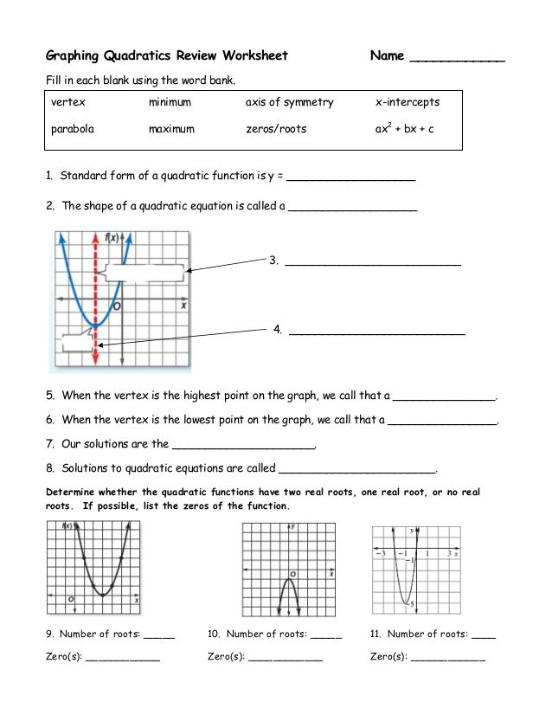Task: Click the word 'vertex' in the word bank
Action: coord(68,102)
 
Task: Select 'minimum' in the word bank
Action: coord(170,102)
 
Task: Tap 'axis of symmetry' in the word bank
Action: coord(289,102)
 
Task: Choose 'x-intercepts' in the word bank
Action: coord(408,102)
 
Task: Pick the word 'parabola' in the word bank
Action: coord(73,129)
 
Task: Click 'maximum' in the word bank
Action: coord(171,129)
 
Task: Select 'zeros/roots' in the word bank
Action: coord(276,129)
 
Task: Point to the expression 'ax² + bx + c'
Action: coord(404,129)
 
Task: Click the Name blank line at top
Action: coord(457,60)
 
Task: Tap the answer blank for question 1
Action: coord(350,179)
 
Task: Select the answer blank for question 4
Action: coord(377,332)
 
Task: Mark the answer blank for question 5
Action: coord(445,399)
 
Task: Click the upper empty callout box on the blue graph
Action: coord(146,273)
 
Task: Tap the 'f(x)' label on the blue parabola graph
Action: coord(111,237)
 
